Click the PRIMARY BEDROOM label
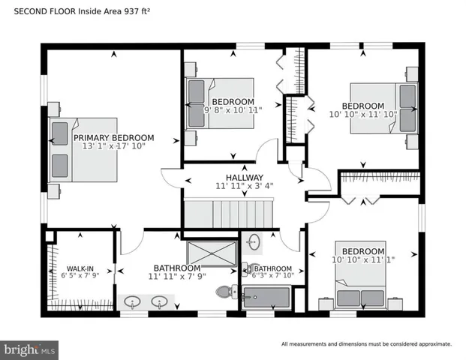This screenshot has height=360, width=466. (x=113, y=138)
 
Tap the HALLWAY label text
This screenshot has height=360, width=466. (x=233, y=177)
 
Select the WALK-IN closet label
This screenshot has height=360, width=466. (x=80, y=268)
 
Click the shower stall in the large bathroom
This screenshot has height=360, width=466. (x=212, y=253)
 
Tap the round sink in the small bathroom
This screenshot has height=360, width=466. (x=254, y=242)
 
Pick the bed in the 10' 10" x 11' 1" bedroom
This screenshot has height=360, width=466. (x=360, y=277)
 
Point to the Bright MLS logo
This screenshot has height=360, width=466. (x=30, y=349)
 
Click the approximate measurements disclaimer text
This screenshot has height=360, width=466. (x=366, y=344)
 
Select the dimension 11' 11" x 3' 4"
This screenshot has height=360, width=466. (x=233, y=186)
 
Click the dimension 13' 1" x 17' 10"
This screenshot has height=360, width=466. (x=113, y=147)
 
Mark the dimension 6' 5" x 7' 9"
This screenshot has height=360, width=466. (x=80, y=276)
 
